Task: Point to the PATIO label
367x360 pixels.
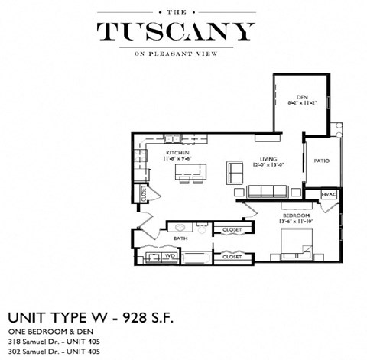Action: click(321, 160)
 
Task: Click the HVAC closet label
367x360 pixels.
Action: click(330, 194)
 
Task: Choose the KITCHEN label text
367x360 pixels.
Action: click(177, 153)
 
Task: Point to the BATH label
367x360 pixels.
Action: click(180, 238)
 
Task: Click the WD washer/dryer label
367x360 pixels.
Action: click(171, 256)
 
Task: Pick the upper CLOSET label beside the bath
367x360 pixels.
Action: click(232, 229)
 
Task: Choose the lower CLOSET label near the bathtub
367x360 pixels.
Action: click(232, 258)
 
